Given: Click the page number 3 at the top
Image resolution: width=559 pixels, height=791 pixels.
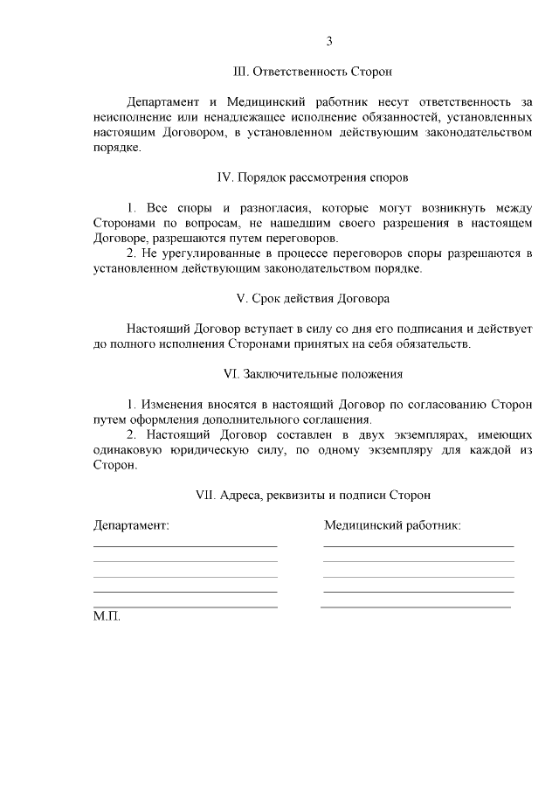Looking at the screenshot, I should tap(329, 41).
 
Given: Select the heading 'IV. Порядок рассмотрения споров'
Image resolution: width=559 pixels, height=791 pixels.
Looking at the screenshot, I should tap(312, 177).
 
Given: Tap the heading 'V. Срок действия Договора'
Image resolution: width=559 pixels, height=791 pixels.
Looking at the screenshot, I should tap(313, 298).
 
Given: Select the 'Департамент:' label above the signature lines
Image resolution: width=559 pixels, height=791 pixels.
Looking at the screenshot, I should tap(131, 525).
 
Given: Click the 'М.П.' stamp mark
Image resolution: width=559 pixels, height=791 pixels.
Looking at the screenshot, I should tap(107, 616).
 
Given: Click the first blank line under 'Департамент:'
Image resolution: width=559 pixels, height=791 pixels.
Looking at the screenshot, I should tap(185, 546).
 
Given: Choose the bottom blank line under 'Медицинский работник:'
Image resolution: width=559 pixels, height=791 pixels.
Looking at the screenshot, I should tap(416, 607).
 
